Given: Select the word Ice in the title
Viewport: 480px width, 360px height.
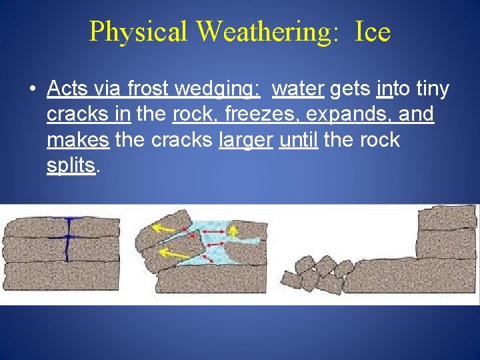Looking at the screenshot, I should click(372, 31).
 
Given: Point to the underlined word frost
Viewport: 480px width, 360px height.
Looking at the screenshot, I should click(147, 88).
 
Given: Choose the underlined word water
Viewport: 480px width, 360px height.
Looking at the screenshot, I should click(298, 88).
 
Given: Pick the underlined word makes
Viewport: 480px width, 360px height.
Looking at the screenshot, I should click(79, 140).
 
